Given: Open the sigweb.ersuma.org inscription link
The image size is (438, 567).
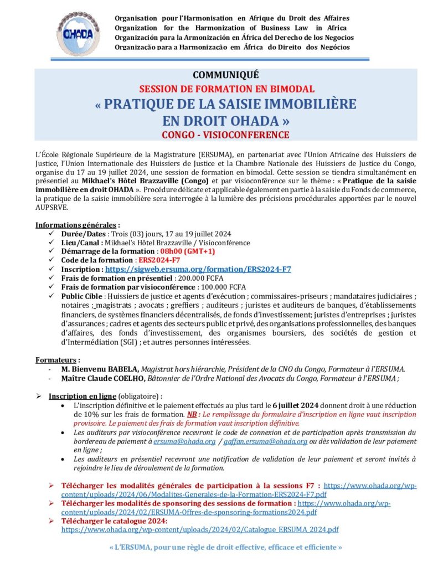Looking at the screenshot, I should coord(198,269).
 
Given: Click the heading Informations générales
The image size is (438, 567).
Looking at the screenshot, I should coord(76,225).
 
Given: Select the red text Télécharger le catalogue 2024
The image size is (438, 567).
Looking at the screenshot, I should coord(114,520).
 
